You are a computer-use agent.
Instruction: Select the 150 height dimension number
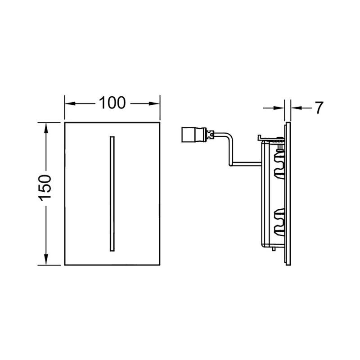click(x=45, y=188)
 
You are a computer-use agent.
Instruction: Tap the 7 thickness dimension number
click(x=319, y=108)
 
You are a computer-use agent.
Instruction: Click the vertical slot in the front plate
click(x=112, y=194)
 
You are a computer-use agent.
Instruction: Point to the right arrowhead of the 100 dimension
click(x=154, y=103)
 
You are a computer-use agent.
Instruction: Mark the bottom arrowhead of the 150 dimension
click(x=46, y=260)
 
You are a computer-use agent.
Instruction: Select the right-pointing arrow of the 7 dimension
click(x=274, y=108)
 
